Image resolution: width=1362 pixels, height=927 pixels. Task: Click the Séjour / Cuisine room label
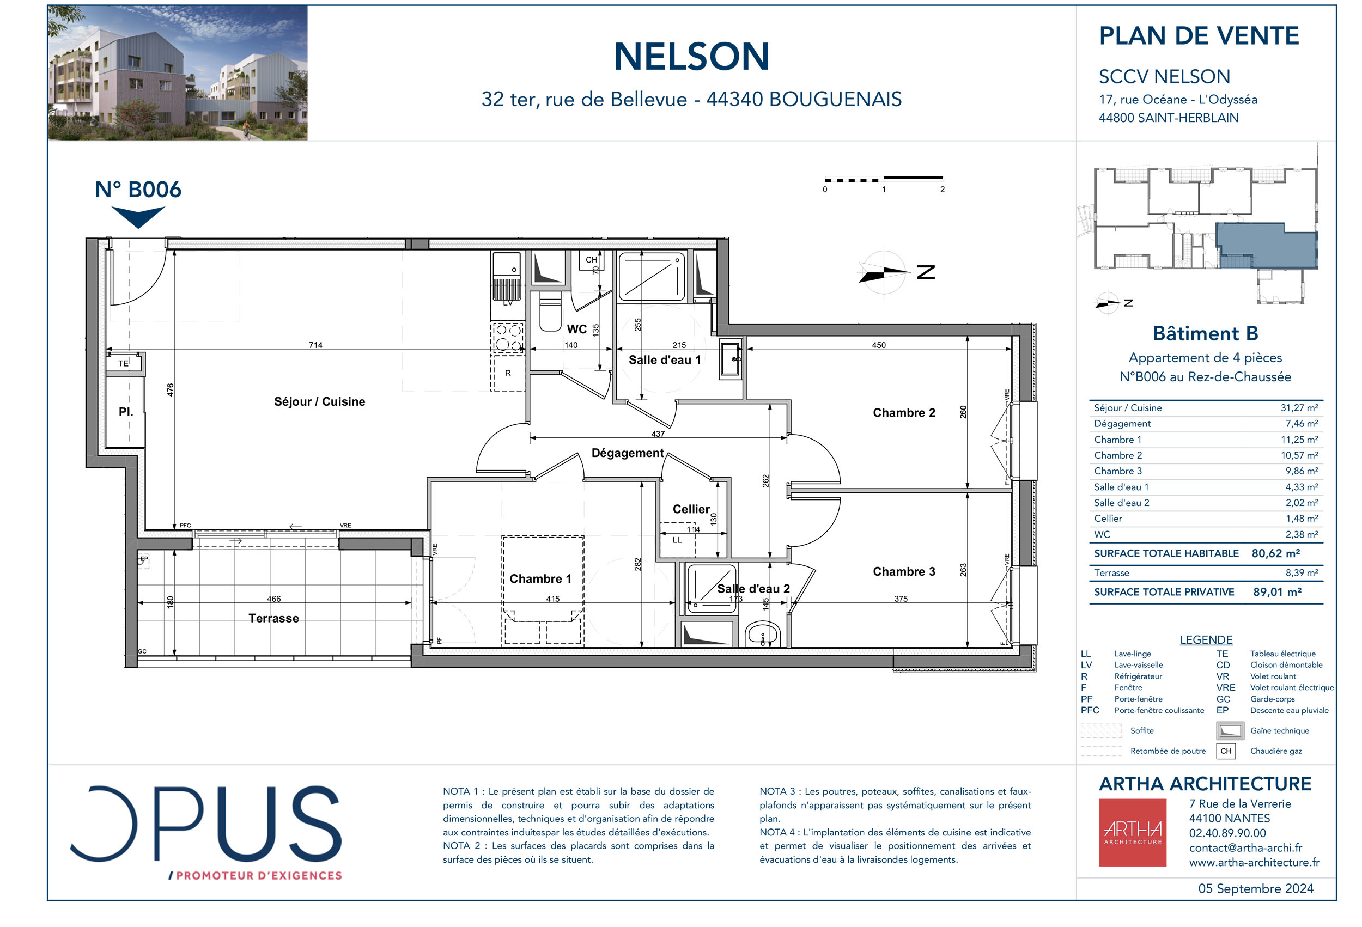pos(319,401)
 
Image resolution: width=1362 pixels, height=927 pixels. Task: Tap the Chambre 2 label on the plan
pos(904,412)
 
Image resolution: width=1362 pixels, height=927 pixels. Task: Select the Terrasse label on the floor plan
pos(273,618)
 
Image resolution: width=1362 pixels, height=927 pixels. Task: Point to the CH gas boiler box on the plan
pos(591,260)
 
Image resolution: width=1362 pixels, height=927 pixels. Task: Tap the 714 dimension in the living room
pos(315,345)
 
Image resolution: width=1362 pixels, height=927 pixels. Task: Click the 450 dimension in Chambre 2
pos(879,345)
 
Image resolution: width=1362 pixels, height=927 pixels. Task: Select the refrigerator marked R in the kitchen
pos(508,373)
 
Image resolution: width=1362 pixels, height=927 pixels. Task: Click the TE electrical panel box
pos(124,363)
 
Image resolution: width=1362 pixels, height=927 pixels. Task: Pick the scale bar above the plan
pos(883,178)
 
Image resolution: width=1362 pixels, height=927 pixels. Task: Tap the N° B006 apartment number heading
pos(138,190)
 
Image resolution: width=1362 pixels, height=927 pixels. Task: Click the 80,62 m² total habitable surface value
pos(1275,553)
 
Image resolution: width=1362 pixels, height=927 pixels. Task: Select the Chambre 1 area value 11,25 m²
pos(1299,440)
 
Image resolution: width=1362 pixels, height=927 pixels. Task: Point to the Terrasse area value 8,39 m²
pos(1301,573)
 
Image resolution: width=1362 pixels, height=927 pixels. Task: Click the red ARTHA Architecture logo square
pos(1132,833)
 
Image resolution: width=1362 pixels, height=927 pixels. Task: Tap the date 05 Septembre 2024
pos(1255,888)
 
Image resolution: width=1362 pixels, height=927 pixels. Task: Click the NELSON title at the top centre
pos(691,57)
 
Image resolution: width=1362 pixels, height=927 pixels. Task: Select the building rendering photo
pos(178,73)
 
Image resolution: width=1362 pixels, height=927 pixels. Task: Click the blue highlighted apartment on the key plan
pos(1266,246)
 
